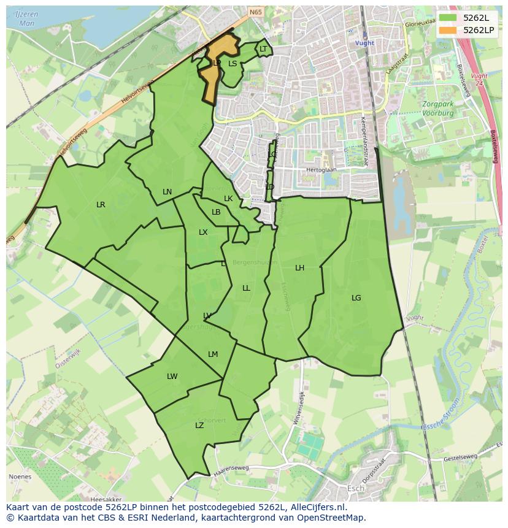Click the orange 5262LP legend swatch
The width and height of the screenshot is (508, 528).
[x=448, y=30]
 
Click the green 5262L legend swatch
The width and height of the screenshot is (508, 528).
[x=448, y=18]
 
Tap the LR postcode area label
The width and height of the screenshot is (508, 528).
[x=101, y=205]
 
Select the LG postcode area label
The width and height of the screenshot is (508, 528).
[x=356, y=298]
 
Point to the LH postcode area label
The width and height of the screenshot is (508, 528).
[x=299, y=268]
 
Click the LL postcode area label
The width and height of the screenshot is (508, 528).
[x=246, y=288]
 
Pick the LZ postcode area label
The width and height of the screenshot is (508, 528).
[x=199, y=426]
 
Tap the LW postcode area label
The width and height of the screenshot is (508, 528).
[x=172, y=377]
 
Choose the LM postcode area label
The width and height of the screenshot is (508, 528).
[x=213, y=354]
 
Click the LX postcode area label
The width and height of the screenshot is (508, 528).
[x=203, y=232]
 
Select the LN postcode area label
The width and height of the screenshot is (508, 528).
[x=167, y=192]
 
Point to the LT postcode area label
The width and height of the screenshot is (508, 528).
[x=263, y=49]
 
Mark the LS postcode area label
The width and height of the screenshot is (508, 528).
[x=233, y=63]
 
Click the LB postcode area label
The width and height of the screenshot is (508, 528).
[x=216, y=212]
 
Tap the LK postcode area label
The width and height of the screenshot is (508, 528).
[x=228, y=199]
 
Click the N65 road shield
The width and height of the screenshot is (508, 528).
[x=255, y=11]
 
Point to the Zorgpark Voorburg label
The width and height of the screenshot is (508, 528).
[x=437, y=109]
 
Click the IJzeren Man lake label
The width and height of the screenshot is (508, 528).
[x=27, y=18]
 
